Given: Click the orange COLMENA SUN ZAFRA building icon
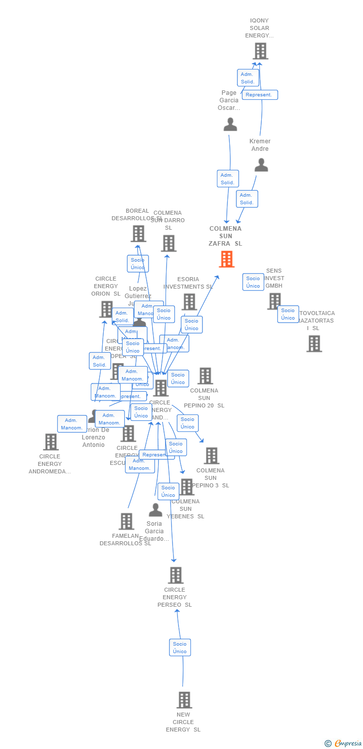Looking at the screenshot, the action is (x=226, y=259).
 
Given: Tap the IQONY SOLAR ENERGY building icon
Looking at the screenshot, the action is (x=260, y=51).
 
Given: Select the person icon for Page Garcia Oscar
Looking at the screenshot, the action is (x=230, y=124).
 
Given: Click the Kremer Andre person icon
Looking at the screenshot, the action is (x=261, y=165).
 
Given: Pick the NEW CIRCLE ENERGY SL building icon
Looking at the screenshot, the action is (x=184, y=700).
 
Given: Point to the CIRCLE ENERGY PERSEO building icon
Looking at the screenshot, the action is (x=176, y=575).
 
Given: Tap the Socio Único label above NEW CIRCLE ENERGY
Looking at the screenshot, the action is (x=180, y=648).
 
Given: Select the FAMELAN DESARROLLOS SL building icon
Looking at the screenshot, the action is (x=127, y=521).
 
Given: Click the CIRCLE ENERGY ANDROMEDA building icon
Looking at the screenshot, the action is (x=50, y=442).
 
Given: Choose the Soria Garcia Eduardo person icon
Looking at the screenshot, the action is (x=156, y=510).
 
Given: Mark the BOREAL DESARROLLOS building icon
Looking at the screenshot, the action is (x=138, y=234).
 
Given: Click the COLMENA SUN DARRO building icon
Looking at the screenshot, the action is (x=169, y=243).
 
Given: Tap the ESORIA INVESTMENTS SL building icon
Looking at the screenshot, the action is (x=189, y=302).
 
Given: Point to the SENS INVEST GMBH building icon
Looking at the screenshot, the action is (x=274, y=301).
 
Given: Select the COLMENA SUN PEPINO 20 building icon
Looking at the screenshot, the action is (x=205, y=376).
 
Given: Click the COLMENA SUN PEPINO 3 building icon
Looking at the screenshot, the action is (x=211, y=455).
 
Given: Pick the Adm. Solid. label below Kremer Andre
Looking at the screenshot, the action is (x=246, y=199).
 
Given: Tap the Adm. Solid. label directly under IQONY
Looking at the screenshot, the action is (x=247, y=78).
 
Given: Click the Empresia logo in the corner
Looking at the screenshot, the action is (x=344, y=744).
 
